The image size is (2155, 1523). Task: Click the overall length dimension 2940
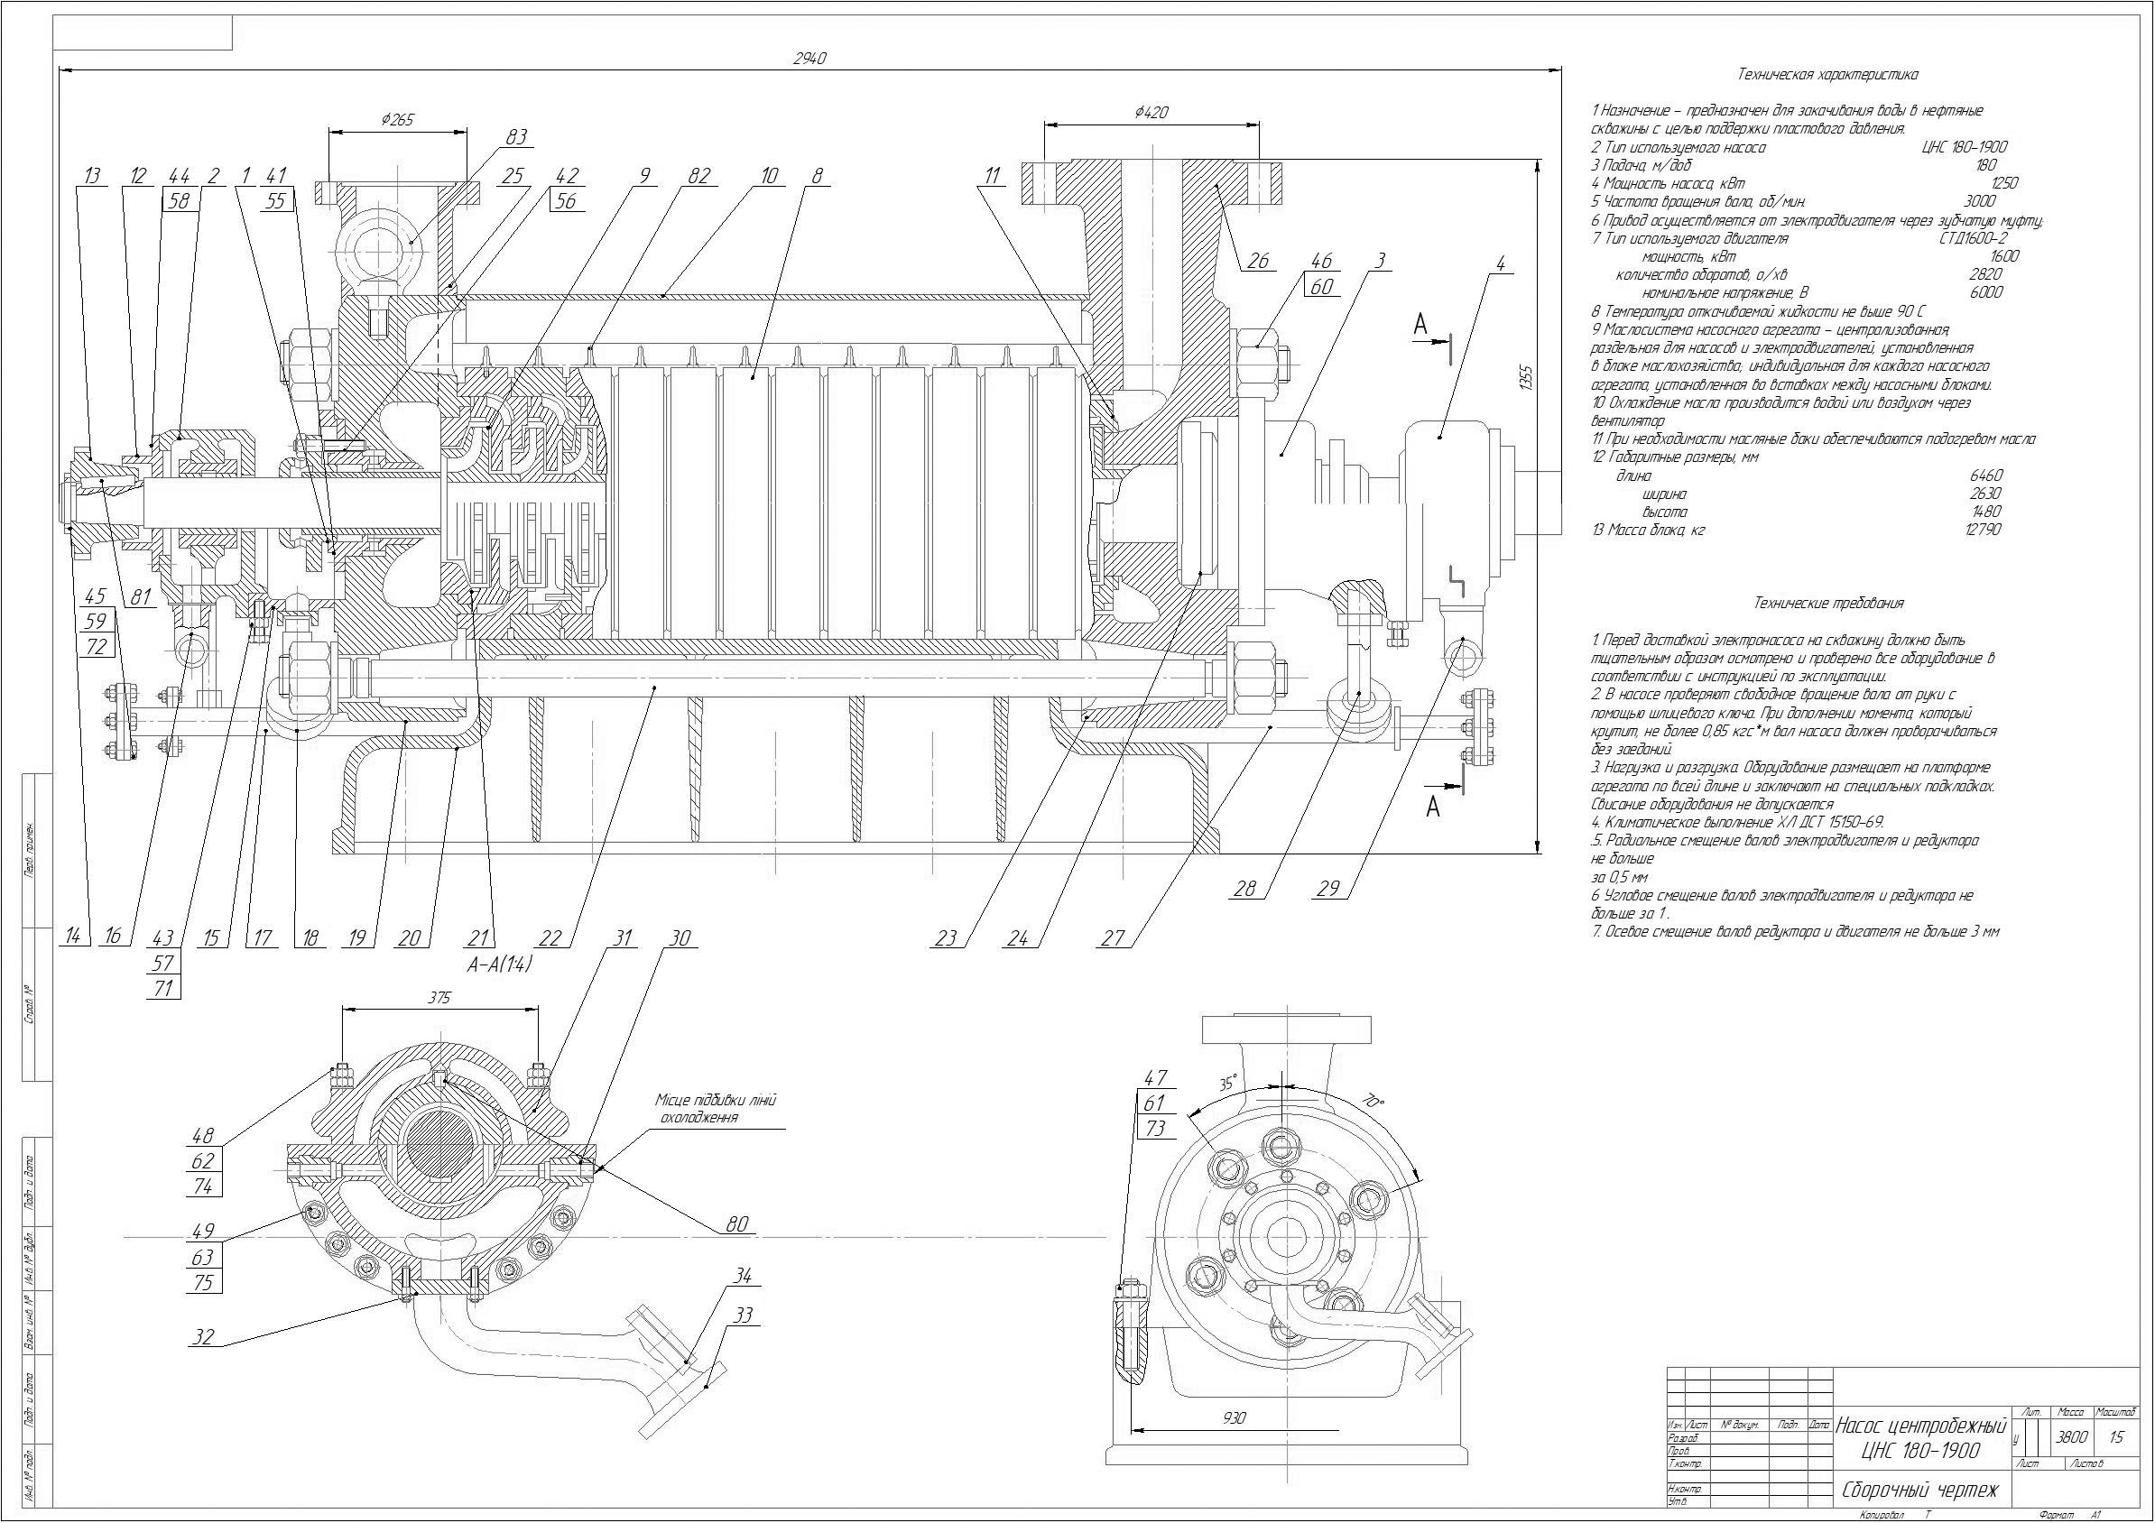tap(809, 58)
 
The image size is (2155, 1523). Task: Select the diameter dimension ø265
tap(397, 119)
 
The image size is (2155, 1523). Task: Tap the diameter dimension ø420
tap(1151, 113)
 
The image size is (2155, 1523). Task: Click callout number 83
tap(516, 137)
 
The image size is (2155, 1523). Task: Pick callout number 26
tap(1258, 260)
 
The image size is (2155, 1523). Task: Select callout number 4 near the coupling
tap(1501, 264)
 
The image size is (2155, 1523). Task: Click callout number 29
tap(1328, 888)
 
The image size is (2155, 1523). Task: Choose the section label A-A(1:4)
tap(499, 963)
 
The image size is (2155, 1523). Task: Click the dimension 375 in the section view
tap(439, 998)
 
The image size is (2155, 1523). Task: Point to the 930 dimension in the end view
tap(1235, 1418)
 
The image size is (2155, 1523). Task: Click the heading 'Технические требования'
tap(1828, 604)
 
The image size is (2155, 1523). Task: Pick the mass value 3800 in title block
tap(2071, 1436)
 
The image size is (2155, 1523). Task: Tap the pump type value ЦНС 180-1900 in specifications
tap(1964, 147)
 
